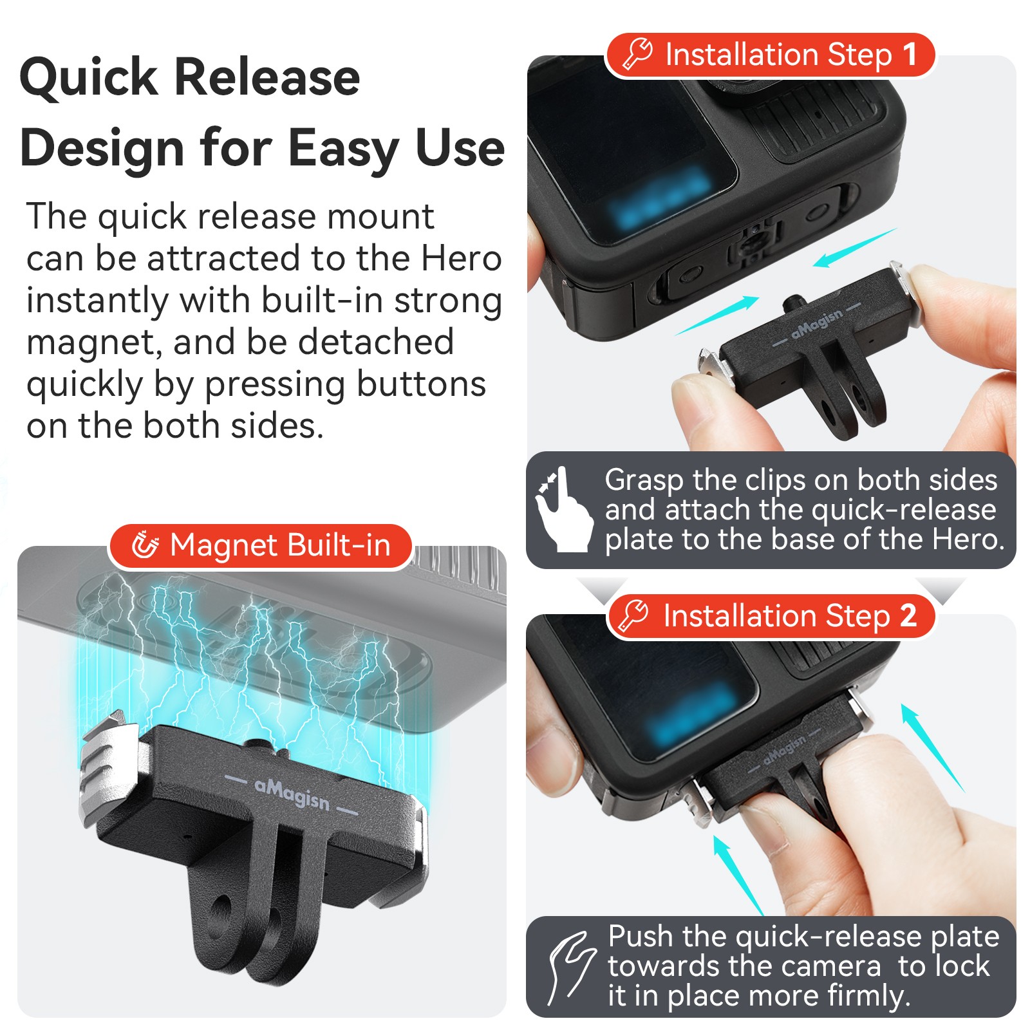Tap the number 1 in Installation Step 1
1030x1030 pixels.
click(910, 55)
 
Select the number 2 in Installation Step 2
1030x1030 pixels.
click(908, 616)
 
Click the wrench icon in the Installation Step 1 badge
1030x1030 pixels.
click(637, 54)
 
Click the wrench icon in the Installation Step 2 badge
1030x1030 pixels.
click(633, 616)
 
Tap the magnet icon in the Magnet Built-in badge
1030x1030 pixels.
click(145, 545)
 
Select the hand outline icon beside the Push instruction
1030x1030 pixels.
click(570, 968)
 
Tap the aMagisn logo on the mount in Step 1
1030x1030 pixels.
click(816, 324)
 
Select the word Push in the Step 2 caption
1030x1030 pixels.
click(640, 937)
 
